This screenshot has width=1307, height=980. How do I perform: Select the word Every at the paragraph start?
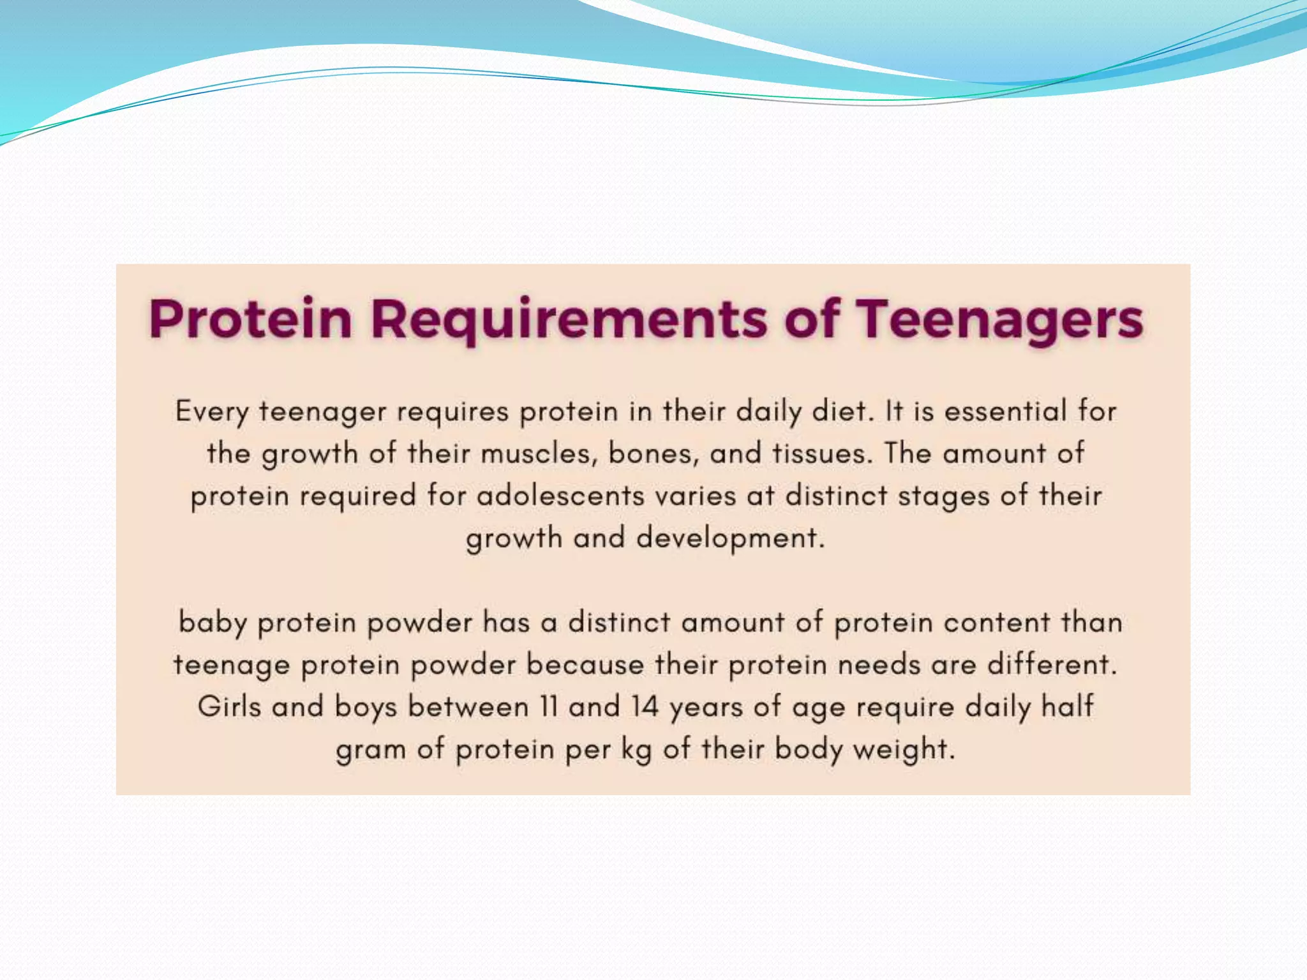coord(211,412)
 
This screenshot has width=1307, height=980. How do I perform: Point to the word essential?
coord(1005,411)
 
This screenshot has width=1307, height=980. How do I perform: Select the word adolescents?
coord(561,496)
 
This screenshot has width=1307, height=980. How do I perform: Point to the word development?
coord(731,538)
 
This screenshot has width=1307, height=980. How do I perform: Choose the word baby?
coord(212,623)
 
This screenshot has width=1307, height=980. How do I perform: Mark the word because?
coord(585,665)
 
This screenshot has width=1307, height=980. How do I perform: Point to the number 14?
coord(645,707)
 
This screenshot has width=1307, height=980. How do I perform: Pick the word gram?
coord(371,750)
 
